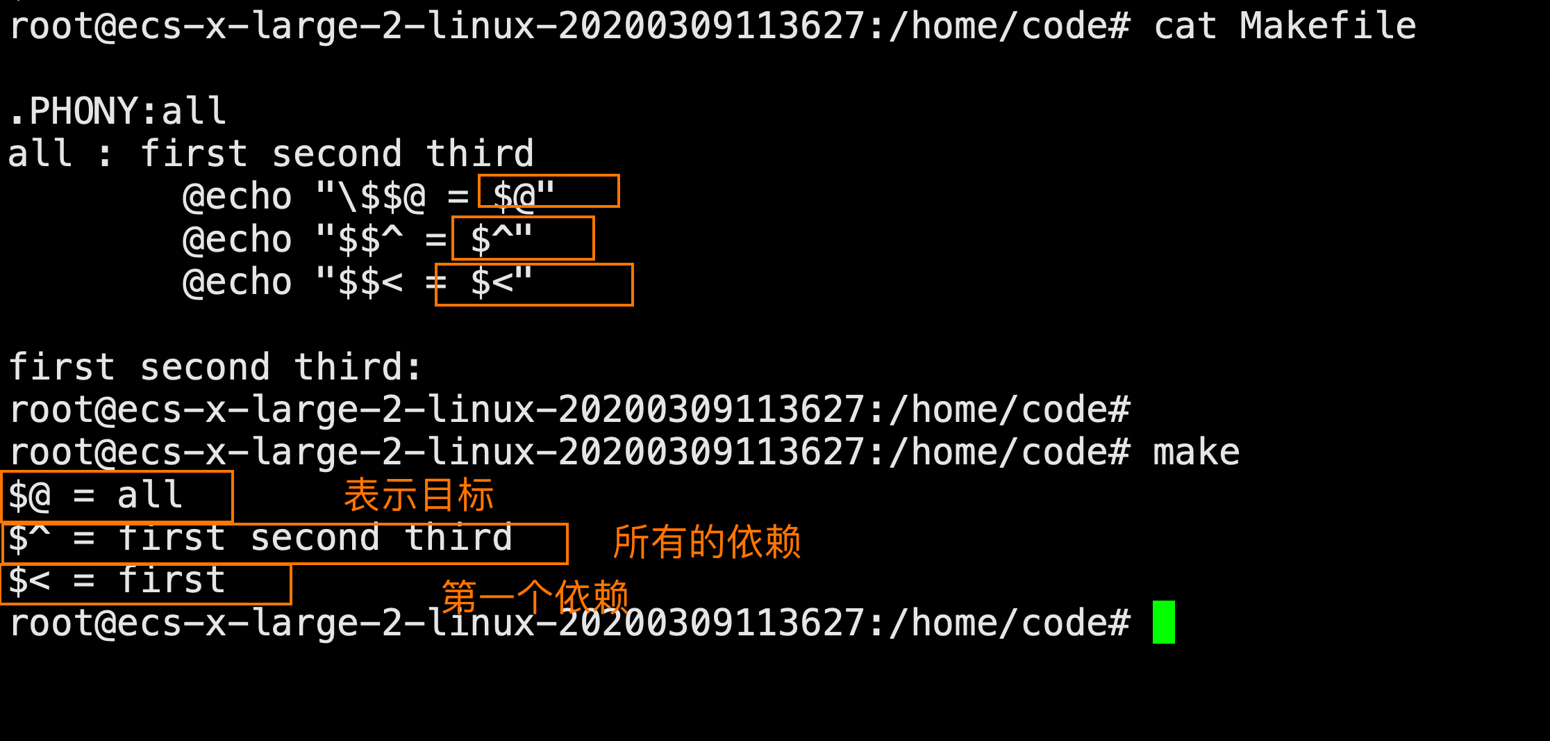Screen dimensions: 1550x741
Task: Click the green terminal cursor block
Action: click(1163, 622)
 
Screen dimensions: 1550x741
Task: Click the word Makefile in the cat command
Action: click(1327, 26)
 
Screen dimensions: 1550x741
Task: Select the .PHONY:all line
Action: click(117, 111)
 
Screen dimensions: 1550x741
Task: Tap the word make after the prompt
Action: click(1196, 453)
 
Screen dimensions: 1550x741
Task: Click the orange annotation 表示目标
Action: click(419, 496)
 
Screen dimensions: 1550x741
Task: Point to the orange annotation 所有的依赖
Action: click(706, 542)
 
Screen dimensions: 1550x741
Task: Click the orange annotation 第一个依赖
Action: click(535, 596)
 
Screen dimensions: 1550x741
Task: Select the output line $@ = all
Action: click(96, 496)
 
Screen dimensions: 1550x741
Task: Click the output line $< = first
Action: click(117, 581)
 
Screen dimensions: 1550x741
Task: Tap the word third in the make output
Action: click(458, 539)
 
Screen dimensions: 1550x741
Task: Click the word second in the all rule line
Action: click(337, 154)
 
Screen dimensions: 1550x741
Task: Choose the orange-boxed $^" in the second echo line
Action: click(501, 239)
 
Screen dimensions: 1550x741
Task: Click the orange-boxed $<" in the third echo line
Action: click(501, 282)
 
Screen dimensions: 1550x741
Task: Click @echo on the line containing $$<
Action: click(237, 282)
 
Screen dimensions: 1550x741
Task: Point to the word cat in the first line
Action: click(1185, 26)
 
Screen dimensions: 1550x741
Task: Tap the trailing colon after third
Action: click(415, 368)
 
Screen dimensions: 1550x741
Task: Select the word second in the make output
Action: click(315, 539)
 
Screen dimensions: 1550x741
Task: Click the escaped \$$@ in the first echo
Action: click(381, 197)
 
